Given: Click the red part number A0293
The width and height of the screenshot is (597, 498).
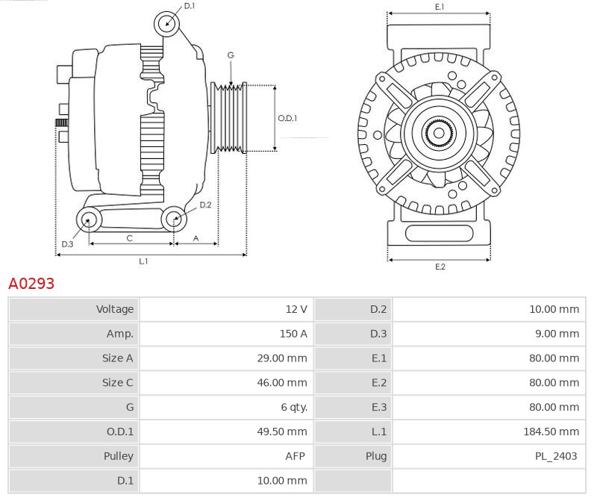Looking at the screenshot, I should pyautogui.click(x=31, y=284).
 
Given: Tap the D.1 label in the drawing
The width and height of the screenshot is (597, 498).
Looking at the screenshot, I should pyautogui.click(x=190, y=6).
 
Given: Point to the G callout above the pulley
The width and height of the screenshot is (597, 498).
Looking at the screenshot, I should pyautogui.click(x=231, y=55).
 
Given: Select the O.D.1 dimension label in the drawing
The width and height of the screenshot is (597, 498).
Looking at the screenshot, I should pyautogui.click(x=287, y=118).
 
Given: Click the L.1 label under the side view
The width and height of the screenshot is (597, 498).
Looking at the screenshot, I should pyautogui.click(x=143, y=261).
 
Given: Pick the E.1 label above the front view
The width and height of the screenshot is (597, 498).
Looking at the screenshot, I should pyautogui.click(x=440, y=7).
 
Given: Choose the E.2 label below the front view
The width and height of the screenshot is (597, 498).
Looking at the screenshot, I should pyautogui.click(x=440, y=267).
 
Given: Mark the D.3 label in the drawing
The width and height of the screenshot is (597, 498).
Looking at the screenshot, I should pyautogui.click(x=67, y=244).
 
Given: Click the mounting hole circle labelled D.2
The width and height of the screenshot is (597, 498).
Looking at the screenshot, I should pyautogui.click(x=173, y=219).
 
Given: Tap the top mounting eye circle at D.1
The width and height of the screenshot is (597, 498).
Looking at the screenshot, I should pyautogui.click(x=167, y=24).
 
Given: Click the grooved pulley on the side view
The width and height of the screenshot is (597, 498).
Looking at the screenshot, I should pyautogui.click(x=229, y=117).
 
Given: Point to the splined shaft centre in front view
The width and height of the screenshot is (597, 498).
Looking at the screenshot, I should pyautogui.click(x=439, y=134).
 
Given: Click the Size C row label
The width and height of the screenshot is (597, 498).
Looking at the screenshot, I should pyautogui.click(x=117, y=383).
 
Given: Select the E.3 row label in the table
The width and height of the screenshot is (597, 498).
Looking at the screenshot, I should pyautogui.click(x=378, y=408).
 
